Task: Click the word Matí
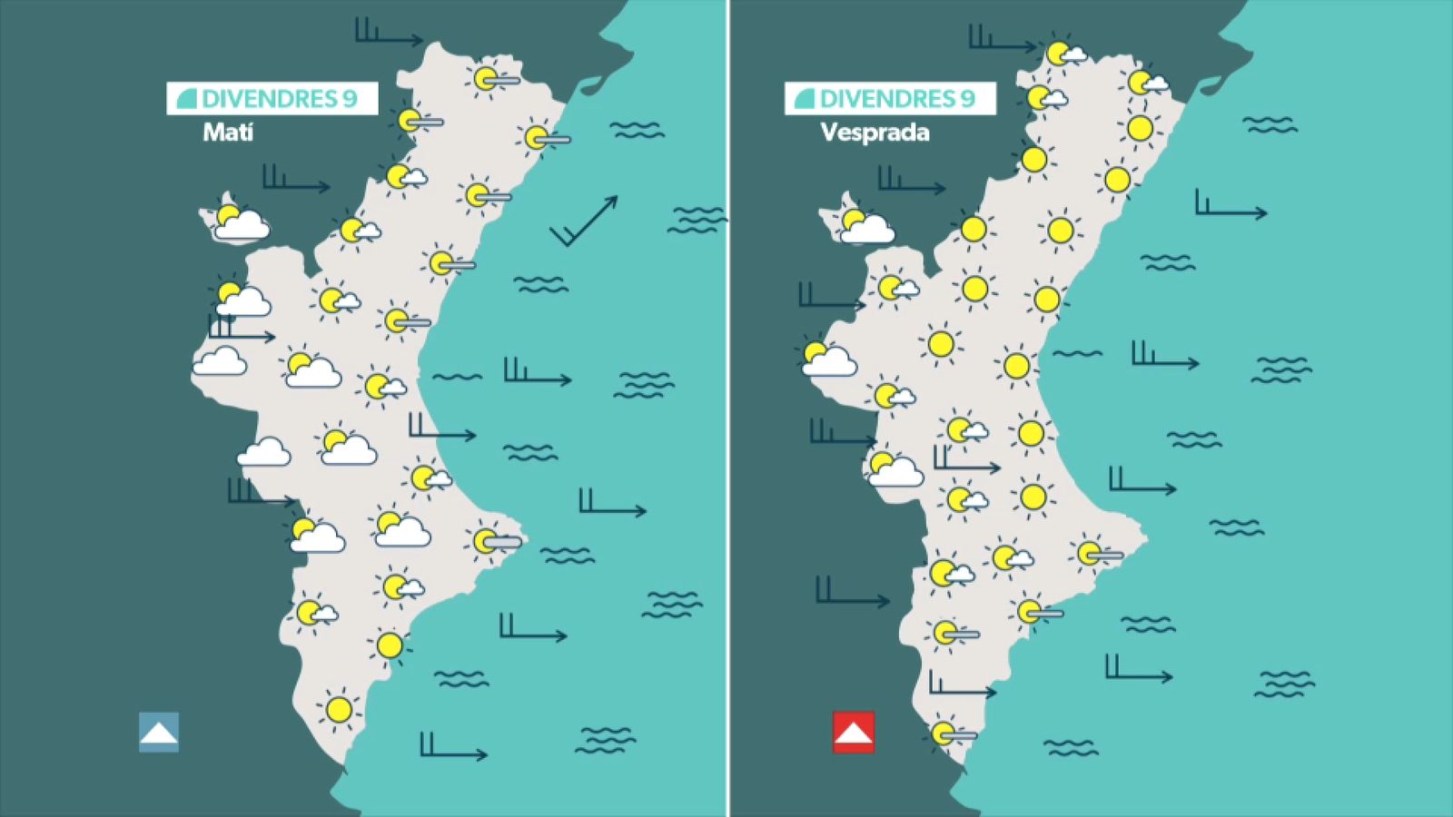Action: click(228, 133)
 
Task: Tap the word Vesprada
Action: click(875, 133)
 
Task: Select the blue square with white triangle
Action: click(159, 732)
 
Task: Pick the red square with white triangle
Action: click(854, 732)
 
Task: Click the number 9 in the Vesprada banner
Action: click(967, 99)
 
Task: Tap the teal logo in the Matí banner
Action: click(187, 99)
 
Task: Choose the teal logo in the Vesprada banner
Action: click(805, 99)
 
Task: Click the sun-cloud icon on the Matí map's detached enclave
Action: click(238, 221)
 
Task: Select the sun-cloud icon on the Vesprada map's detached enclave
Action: click(863, 224)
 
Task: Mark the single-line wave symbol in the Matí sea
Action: click(458, 377)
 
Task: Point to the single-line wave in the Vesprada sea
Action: click(1077, 354)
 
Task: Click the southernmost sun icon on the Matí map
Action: click(339, 710)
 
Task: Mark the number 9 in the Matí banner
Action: click(350, 99)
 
